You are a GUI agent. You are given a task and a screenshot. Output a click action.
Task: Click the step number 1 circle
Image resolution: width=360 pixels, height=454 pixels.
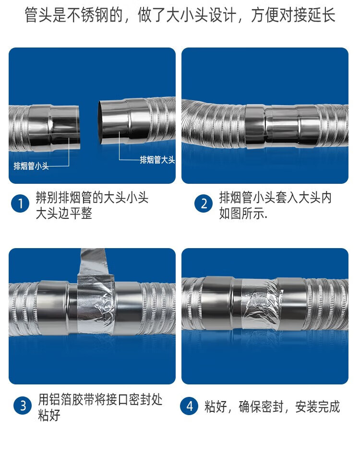click(x=20, y=204)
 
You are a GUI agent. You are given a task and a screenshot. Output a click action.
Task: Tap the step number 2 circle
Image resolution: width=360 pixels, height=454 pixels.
click(x=204, y=204)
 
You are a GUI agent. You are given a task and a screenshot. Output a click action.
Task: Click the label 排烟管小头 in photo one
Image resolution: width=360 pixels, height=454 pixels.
click(x=31, y=167)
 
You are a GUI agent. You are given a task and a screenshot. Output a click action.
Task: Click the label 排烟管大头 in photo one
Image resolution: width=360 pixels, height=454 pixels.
click(x=157, y=160)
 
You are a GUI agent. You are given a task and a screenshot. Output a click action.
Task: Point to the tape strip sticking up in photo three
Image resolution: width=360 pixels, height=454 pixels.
click(x=94, y=262)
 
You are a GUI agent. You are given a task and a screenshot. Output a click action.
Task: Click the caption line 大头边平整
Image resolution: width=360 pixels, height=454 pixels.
click(x=64, y=214)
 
